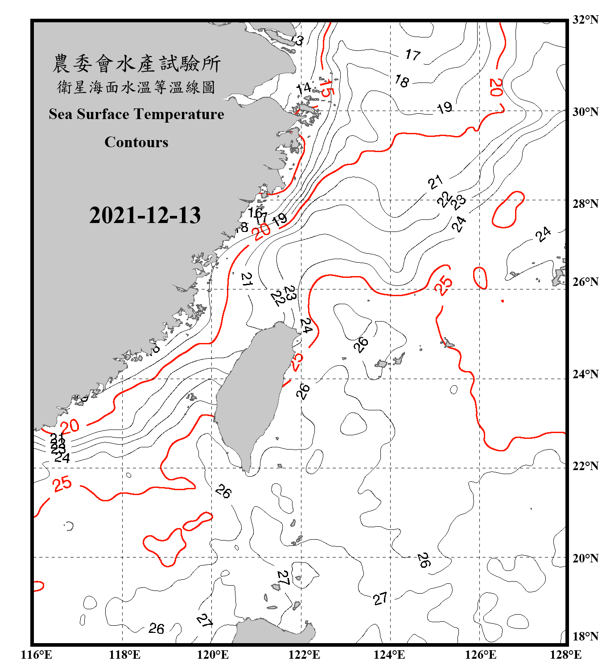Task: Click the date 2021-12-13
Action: [145, 215]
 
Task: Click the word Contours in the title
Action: [136, 142]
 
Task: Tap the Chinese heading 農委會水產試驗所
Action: [136, 64]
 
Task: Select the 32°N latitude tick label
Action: [586, 20]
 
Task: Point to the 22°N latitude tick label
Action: [586, 466]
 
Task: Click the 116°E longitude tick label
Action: [36, 655]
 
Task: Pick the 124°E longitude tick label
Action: [389, 655]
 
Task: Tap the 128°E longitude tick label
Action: [565, 655]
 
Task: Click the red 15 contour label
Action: [326, 88]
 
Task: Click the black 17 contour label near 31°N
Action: [413, 55]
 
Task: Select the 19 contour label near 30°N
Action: [445, 107]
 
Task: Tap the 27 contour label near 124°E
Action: [380, 599]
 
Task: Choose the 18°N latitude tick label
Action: [586, 636]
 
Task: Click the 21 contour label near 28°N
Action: [435, 182]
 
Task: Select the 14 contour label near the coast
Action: [304, 88]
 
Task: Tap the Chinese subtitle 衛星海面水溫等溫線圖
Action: [136, 87]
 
